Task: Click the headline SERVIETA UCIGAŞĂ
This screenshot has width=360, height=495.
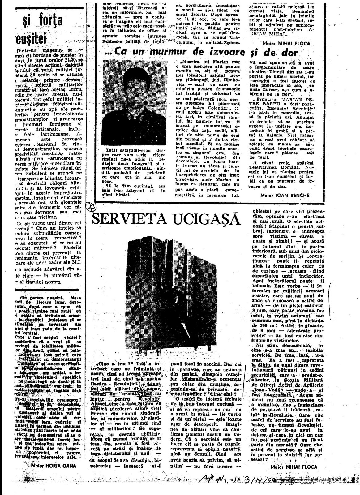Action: pyautogui.click(x=167, y=220)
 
